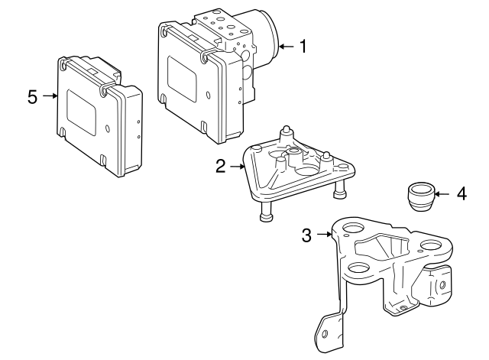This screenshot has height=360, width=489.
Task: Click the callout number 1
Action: [303, 47]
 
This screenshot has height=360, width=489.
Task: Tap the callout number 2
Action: [221, 167]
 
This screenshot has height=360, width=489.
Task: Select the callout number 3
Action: [306, 235]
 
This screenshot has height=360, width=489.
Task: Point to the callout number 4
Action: [461, 193]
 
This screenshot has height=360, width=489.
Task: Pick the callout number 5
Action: [32, 97]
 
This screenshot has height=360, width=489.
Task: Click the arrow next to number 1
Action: [287, 47]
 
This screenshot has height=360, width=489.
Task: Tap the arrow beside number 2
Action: [238, 167]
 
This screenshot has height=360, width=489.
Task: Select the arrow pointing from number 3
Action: [324, 234]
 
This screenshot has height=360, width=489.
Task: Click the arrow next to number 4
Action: [442, 194]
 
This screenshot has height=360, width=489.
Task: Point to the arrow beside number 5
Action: [50, 96]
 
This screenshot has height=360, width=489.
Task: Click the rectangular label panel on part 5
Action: [82, 112]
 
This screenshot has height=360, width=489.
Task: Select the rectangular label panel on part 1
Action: [182, 79]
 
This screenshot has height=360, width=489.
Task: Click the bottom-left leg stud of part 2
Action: [266, 211]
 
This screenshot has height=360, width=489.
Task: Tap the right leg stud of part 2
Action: [340, 190]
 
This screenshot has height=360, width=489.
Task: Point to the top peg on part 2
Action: [287, 132]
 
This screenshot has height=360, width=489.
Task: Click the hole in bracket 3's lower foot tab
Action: [324, 334]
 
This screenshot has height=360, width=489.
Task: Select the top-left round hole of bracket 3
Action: [353, 229]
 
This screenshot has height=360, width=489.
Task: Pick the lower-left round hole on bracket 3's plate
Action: [358, 268]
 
